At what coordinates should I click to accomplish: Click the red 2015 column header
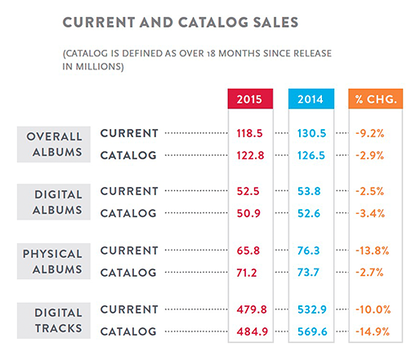pyautogui.click(x=250, y=99)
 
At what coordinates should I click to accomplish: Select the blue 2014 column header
pyautogui.click(x=311, y=99)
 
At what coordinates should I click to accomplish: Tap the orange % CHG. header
pyautogui.click(x=376, y=99)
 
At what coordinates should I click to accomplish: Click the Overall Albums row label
pyautogui.click(x=54, y=144)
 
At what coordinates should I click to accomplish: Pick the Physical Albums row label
pyautogui.click(x=54, y=261)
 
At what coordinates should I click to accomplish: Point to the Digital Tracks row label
pyautogui.click(x=54, y=321)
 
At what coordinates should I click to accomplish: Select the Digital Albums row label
pyautogui.click(x=54, y=202)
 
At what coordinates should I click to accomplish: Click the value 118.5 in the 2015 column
pyautogui.click(x=249, y=133)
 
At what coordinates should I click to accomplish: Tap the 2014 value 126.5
pyautogui.click(x=311, y=155)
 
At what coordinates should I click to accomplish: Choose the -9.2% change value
pyautogui.click(x=370, y=133)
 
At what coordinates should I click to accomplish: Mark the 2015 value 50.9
pyautogui.click(x=248, y=213)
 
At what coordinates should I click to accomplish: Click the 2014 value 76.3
pyautogui.click(x=308, y=251)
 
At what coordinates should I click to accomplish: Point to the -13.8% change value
pyautogui.click(x=373, y=251)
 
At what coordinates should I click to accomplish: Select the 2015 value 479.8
pyautogui.click(x=252, y=309)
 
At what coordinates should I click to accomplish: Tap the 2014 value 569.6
pyautogui.click(x=312, y=331)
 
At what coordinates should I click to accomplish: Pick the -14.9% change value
pyautogui.click(x=373, y=331)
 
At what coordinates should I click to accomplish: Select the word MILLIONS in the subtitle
pyautogui.click(x=98, y=66)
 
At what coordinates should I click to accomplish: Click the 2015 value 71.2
pyautogui.click(x=247, y=273)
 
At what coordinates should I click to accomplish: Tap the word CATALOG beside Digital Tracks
pyautogui.click(x=128, y=331)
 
